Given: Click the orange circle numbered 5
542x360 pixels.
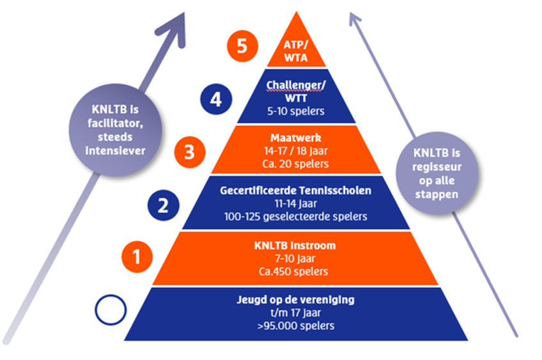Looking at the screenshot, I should point(242,47).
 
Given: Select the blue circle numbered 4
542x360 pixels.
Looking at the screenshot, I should point(216,100).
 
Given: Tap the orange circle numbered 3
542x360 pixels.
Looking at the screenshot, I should point(190,153).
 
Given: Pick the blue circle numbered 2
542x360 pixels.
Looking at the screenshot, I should point(164,205).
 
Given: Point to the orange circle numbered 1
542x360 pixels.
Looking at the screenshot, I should point(137,257).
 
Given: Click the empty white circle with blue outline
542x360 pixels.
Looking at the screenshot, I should point(111,310).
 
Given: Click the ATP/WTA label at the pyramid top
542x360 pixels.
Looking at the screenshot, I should point(296,51).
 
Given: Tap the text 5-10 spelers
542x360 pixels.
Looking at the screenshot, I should point(296,111).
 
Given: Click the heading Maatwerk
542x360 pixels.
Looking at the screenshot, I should point(295,137).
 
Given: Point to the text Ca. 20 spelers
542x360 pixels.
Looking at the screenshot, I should point(295,164).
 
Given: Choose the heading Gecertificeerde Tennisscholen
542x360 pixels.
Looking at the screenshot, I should point(295,191).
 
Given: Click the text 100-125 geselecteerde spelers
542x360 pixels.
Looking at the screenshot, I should point(295,216).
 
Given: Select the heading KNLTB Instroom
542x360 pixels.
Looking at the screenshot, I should point(295,246).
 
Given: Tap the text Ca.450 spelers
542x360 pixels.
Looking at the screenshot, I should point(295,271).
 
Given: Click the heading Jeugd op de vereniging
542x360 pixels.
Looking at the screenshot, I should point(295,300).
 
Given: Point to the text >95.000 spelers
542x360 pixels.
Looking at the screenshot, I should point(295,325).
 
